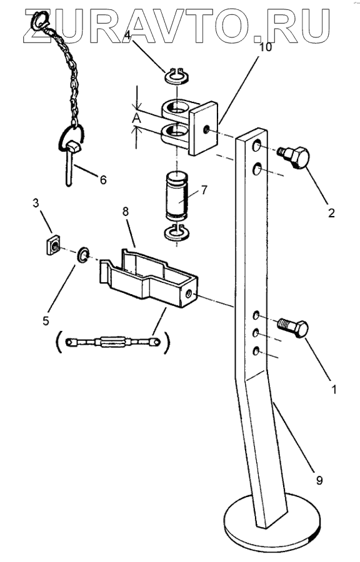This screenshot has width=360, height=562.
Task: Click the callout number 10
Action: (x=266, y=47)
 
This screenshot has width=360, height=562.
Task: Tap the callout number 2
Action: (x=331, y=212)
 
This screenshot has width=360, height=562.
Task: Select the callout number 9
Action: (x=319, y=480)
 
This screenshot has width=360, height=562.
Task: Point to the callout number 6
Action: (x=103, y=180)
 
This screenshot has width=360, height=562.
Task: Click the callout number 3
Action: (x=36, y=203)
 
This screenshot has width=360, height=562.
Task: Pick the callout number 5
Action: (x=46, y=320)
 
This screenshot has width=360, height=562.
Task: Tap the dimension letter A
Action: (x=136, y=118)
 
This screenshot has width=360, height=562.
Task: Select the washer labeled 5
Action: (x=83, y=255)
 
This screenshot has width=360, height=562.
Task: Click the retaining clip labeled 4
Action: (x=177, y=76)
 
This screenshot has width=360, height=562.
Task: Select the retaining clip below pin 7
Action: (x=176, y=232)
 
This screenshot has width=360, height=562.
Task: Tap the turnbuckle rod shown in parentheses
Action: (x=112, y=342)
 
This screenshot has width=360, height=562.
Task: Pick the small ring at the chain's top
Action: (x=39, y=21)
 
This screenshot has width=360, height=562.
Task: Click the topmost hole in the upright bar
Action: (x=257, y=146)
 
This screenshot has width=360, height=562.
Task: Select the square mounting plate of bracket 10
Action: (x=203, y=128)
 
